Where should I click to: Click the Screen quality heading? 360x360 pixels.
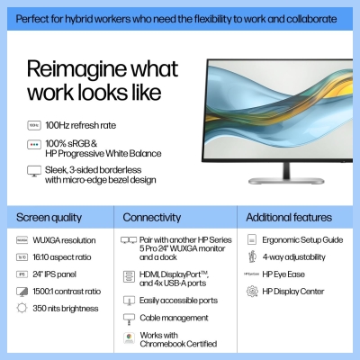tap(49, 217)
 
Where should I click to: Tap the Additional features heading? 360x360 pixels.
tap(288, 217)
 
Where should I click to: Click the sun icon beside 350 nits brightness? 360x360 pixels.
tap(22, 308)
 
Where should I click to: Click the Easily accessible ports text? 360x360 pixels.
tap(179, 300)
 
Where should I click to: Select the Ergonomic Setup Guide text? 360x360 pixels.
tap(302, 240)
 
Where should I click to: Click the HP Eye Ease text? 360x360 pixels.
tap(284, 274)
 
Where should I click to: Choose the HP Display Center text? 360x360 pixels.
tap(292, 291)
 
